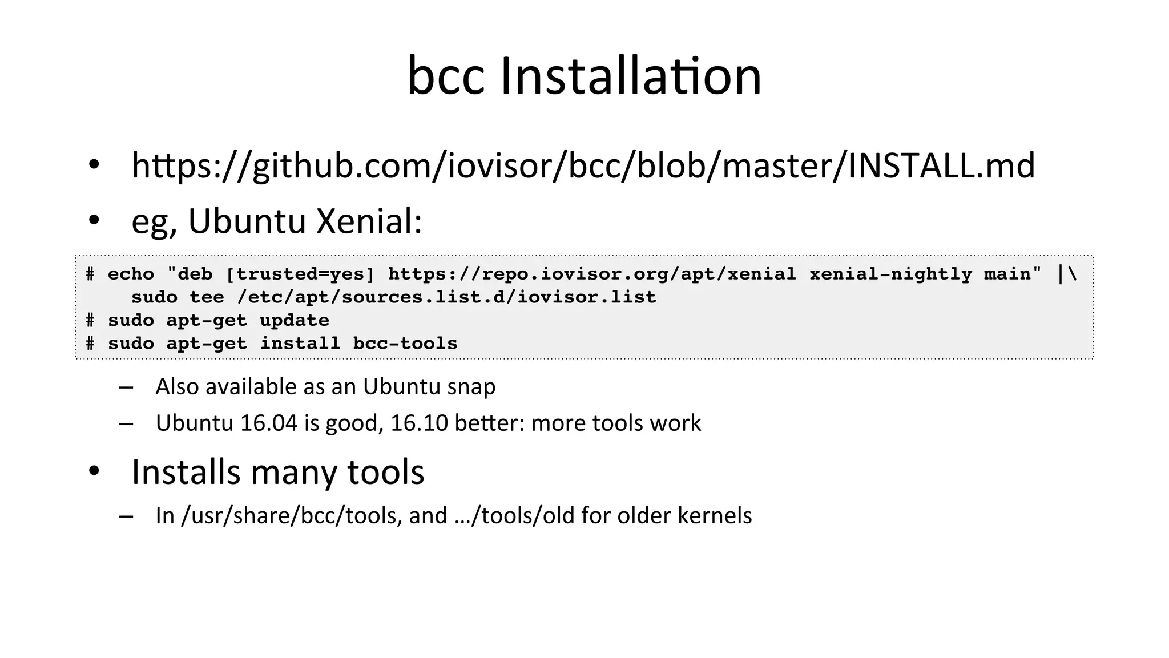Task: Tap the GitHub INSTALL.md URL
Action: (x=583, y=165)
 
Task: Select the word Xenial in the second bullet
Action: (x=369, y=221)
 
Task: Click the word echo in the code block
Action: (x=131, y=274)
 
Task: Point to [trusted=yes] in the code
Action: (x=300, y=274)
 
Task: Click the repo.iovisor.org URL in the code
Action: (x=592, y=274)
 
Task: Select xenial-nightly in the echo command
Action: (x=890, y=274)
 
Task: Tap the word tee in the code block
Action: (x=207, y=297)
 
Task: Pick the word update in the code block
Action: (x=295, y=321)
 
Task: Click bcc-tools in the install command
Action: (x=405, y=344)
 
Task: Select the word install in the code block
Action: (x=300, y=344)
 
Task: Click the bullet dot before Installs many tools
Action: (x=94, y=471)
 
